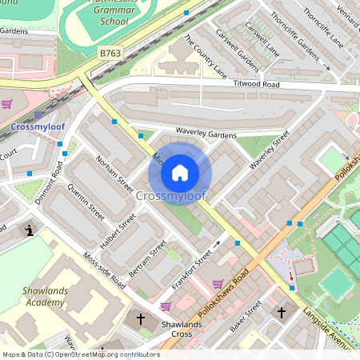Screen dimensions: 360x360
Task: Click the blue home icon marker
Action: [180, 172]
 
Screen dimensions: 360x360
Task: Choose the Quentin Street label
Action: [86, 204]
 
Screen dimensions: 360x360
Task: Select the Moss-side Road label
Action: [104, 272]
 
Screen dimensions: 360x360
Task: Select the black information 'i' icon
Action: [30, 230]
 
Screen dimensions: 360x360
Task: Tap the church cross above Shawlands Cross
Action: [141, 318]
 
